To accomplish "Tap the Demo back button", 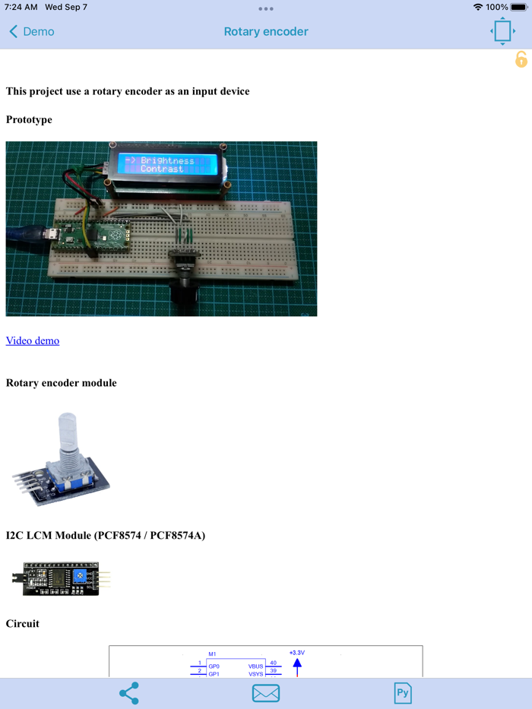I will (32, 32).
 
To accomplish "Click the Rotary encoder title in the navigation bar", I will (266, 32).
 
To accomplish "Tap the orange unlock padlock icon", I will (521, 59).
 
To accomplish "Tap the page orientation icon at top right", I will (502, 31).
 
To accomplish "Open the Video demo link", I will (33, 340).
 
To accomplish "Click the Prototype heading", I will (29, 119).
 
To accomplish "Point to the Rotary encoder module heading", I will (62, 383).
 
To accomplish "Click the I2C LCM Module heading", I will (106, 536).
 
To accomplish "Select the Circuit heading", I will (23, 624).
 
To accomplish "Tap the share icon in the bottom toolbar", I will (129, 693).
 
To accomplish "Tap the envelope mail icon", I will (266, 693).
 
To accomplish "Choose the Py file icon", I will (403, 693).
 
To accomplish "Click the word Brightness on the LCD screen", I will (167, 161).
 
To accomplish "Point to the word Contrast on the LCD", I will (162, 169).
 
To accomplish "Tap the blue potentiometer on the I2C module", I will (81, 577).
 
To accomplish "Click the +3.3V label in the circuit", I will (297, 653).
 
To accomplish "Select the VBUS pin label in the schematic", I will (255, 666).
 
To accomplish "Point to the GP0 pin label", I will (214, 666).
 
